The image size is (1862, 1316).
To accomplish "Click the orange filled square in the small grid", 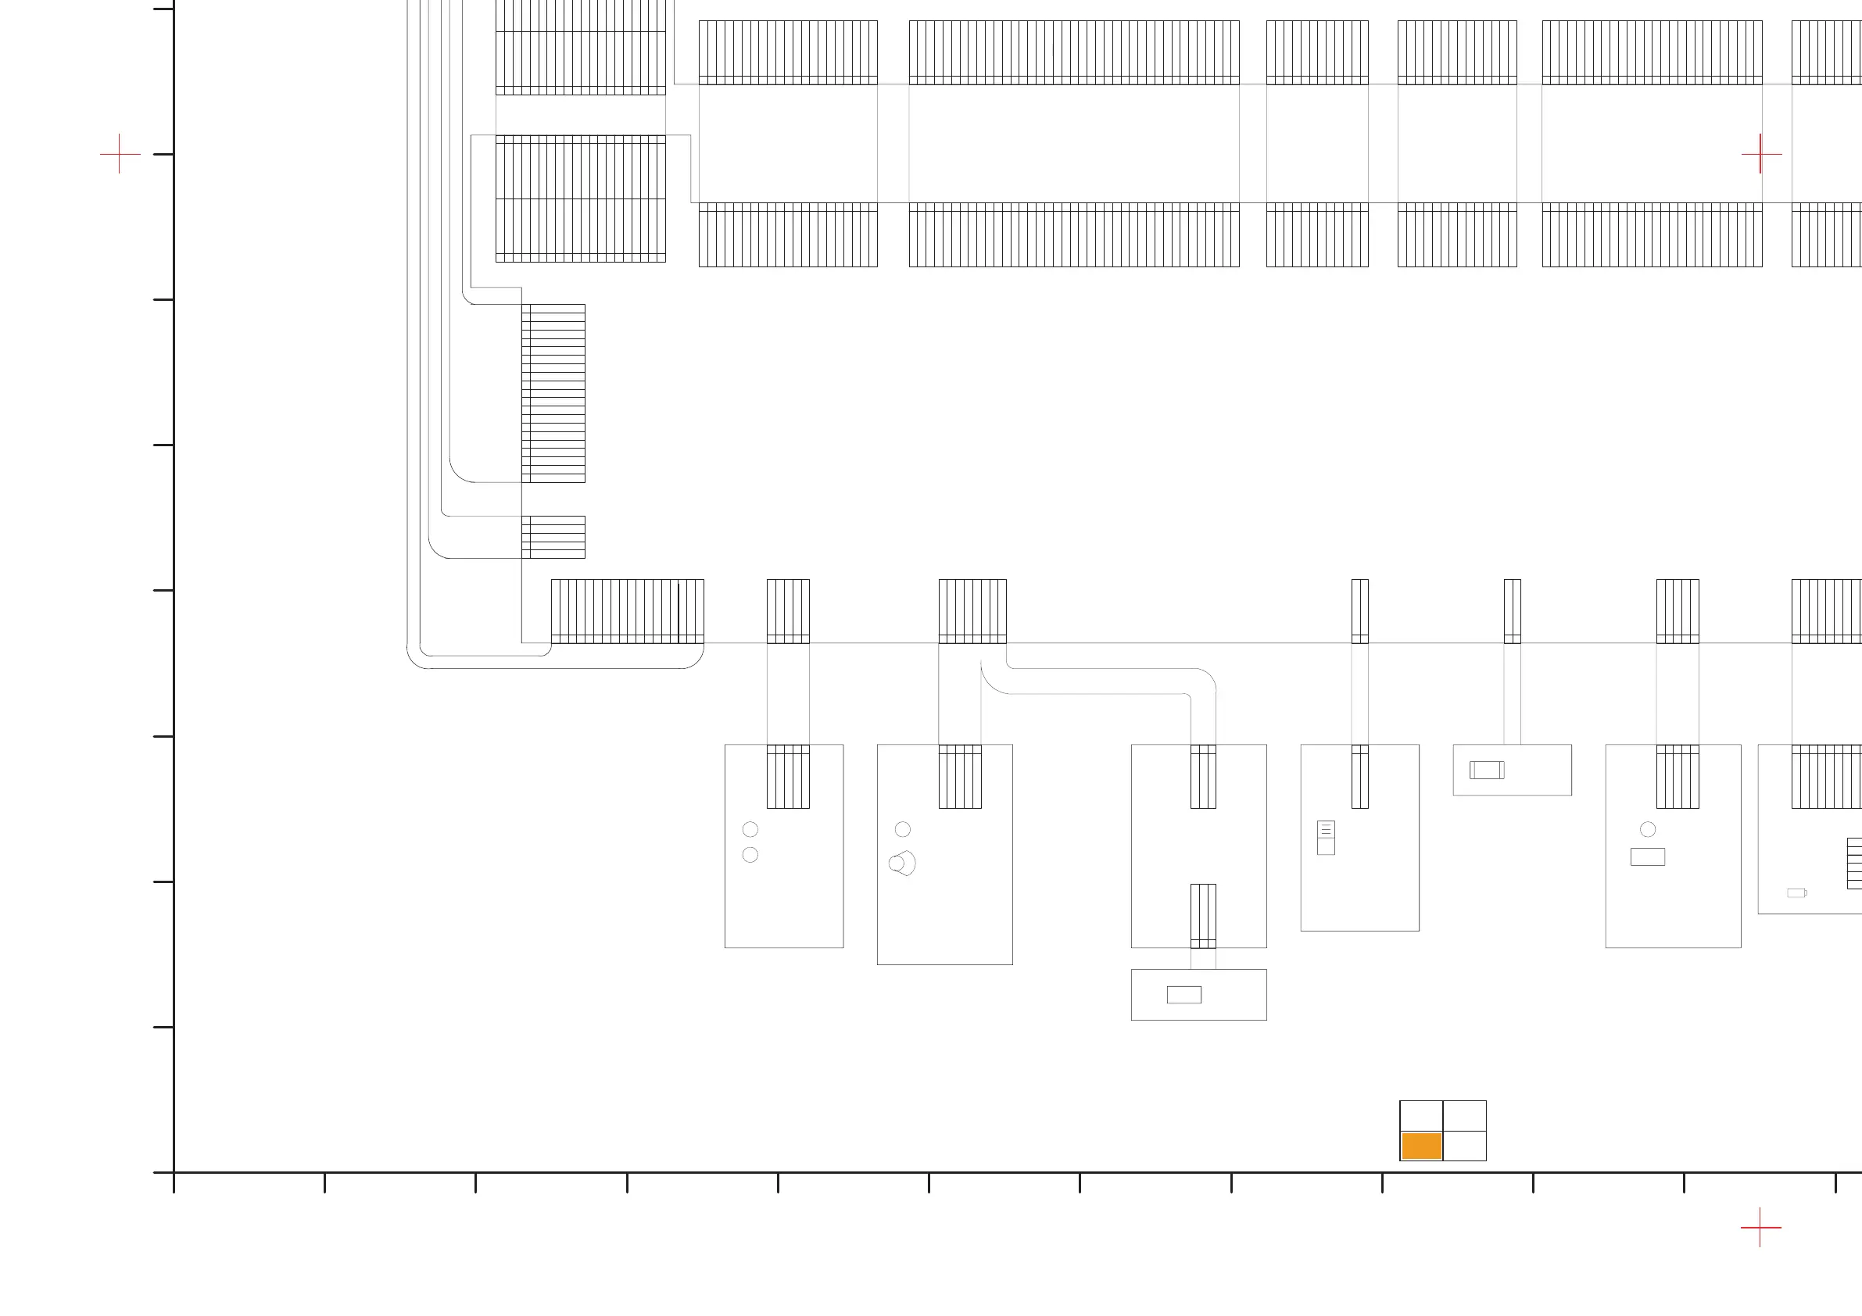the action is point(1421,1146).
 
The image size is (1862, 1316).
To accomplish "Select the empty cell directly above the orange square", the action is point(1421,1116).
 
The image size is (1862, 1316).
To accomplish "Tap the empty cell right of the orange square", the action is point(1465,1146).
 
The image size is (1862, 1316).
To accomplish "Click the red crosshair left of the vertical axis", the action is point(120,153).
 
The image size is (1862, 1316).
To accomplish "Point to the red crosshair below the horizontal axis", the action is point(1760,1227).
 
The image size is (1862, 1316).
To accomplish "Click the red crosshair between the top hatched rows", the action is point(1761,153).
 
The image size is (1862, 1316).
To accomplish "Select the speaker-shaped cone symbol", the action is point(904,863).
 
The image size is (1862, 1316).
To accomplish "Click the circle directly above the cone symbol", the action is point(903,828).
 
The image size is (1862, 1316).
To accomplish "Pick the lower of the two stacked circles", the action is point(750,855).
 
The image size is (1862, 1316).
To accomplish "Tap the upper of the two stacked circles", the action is point(750,828).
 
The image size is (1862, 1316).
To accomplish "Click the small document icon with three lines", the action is point(1326,837).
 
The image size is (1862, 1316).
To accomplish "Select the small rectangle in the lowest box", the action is point(1184,995).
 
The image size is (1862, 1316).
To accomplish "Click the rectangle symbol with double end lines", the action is point(1487,770).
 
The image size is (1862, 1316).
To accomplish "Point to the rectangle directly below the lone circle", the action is point(1648,856).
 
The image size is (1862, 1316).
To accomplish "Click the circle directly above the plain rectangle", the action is point(1648,828).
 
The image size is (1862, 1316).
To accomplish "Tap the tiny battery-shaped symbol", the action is point(1797,892).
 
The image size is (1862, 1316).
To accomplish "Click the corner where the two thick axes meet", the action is point(174,1171).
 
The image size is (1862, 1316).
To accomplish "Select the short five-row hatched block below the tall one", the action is point(553,537).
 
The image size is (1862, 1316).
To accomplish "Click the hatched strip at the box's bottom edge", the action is point(1203,915).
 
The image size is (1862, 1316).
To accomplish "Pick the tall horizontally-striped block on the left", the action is point(553,393).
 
